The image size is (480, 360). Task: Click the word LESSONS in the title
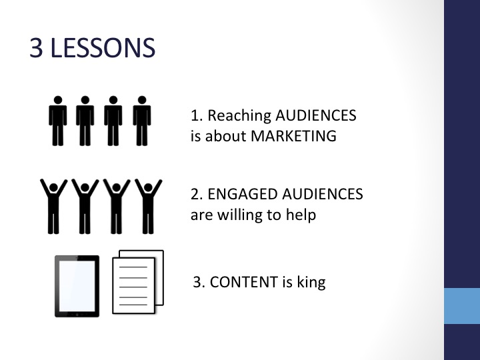(x=103, y=48)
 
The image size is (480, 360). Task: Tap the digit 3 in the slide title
(x=36, y=48)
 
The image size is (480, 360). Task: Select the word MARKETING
(x=293, y=136)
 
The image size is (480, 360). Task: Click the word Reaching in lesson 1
(x=239, y=116)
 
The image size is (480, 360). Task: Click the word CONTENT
(x=244, y=282)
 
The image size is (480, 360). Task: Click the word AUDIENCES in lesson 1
(x=316, y=116)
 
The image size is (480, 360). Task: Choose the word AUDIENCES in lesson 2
(x=323, y=194)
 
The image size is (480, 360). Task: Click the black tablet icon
(x=77, y=286)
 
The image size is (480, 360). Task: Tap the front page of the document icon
(x=133, y=285)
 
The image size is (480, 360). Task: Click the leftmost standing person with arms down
(x=57, y=121)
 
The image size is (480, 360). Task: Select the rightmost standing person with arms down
(x=142, y=121)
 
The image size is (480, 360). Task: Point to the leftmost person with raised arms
(x=53, y=207)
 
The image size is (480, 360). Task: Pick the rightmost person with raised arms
(x=149, y=207)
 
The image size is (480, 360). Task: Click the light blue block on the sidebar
(x=462, y=306)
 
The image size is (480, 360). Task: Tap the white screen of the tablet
(x=77, y=286)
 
